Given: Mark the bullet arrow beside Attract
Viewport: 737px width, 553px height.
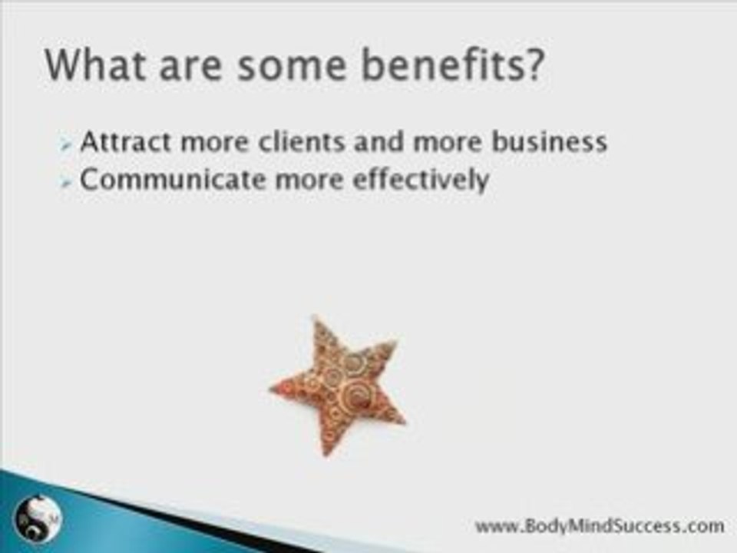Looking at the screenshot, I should (x=68, y=144).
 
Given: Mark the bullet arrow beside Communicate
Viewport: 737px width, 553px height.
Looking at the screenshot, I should (x=68, y=182).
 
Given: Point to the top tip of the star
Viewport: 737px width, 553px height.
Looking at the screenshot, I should (x=316, y=318).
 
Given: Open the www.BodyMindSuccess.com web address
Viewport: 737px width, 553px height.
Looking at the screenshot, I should (x=599, y=526).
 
